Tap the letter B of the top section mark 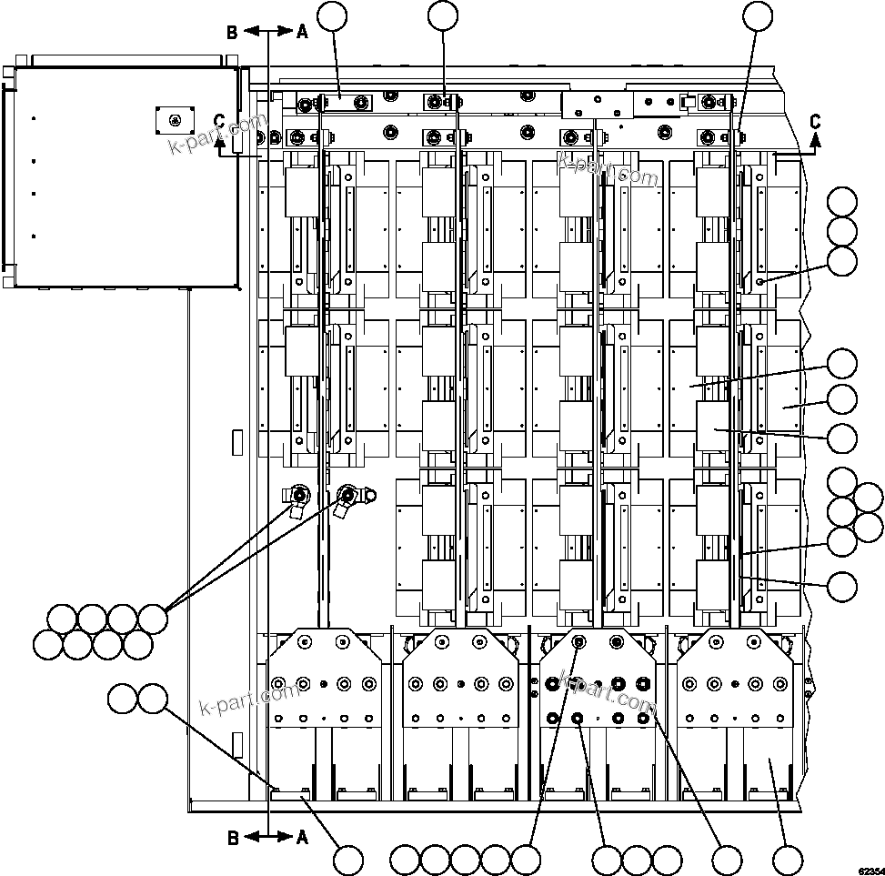[233, 32]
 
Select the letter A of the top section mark [302, 32]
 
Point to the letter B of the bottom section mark [233, 838]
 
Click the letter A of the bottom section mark [302, 838]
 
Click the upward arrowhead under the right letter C [815, 139]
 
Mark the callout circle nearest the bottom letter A [347, 860]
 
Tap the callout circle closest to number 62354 [788, 860]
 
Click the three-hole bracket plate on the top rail [596, 105]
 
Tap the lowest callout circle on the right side [843, 587]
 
